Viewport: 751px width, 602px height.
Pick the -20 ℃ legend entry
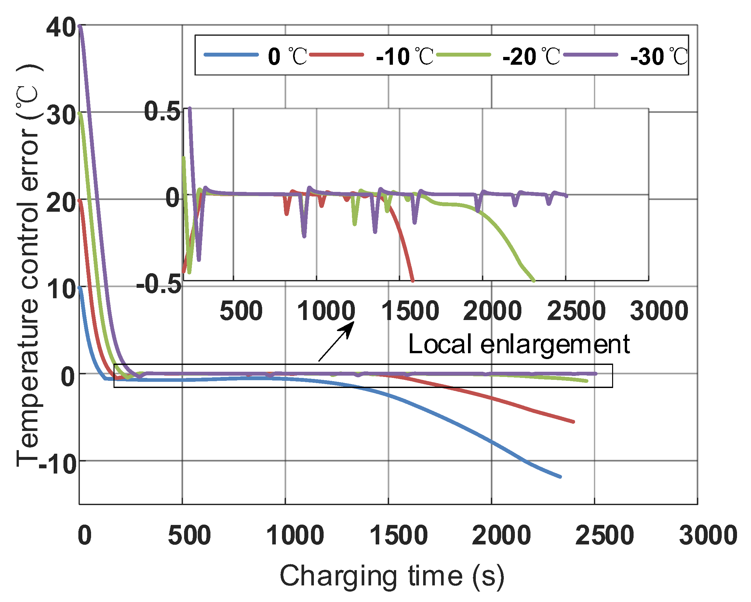tap(498, 56)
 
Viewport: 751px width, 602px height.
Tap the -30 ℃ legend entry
tap(625, 56)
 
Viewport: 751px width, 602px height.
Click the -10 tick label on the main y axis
tap(58, 464)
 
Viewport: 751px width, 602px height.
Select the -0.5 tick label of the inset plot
tap(159, 284)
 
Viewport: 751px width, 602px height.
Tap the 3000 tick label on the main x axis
tap(708, 535)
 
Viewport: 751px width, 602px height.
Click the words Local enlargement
tap(519, 344)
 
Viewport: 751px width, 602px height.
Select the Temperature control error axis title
tap(29, 265)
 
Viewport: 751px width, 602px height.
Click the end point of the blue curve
tap(560, 477)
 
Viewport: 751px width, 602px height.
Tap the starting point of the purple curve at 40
tap(80, 26)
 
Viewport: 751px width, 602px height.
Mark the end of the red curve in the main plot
tap(573, 422)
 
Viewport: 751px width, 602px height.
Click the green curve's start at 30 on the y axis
tap(80, 113)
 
